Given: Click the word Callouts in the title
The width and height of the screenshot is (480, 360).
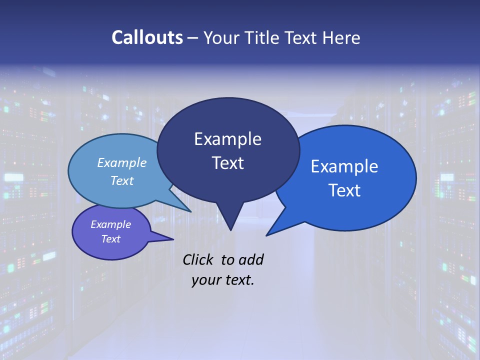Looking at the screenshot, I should pyautogui.click(x=147, y=37).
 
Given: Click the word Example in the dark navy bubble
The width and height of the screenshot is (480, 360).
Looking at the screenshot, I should pyautogui.click(x=227, y=139).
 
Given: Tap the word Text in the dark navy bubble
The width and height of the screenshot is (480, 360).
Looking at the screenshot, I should pyautogui.click(x=227, y=163).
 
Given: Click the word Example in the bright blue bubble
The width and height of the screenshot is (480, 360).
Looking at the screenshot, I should pyautogui.click(x=344, y=166).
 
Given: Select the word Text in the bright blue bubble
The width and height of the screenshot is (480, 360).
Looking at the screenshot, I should pyautogui.click(x=344, y=190).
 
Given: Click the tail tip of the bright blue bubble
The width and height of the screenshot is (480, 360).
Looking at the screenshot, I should pyautogui.click(x=267, y=234).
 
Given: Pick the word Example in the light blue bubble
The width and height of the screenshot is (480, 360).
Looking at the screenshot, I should pyautogui.click(x=122, y=162).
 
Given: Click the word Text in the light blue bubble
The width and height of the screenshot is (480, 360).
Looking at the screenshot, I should pyautogui.click(x=122, y=180).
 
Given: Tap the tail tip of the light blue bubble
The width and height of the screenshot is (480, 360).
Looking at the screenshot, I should pyautogui.click(x=190, y=210).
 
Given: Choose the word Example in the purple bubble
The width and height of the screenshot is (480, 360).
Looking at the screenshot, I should pyautogui.click(x=110, y=224).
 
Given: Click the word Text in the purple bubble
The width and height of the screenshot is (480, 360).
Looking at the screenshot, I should pyautogui.click(x=110, y=239).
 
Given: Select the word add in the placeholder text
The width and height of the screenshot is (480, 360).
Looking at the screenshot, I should pyautogui.click(x=251, y=259).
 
